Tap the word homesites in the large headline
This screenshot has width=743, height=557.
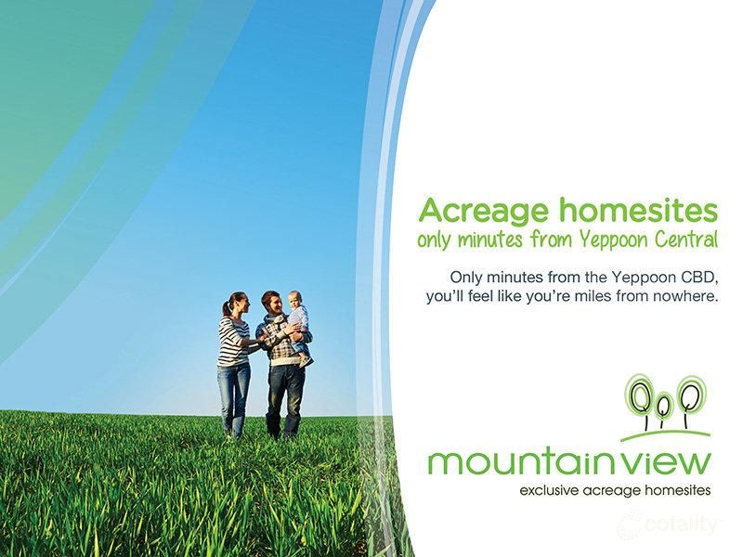[x=638, y=209]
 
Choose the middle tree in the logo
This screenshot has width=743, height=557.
[x=663, y=403]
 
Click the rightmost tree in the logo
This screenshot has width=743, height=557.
[x=689, y=395]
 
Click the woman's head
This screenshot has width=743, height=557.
[x=235, y=304]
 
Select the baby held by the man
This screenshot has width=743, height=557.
[x=297, y=320]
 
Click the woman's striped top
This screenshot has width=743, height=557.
[x=232, y=341]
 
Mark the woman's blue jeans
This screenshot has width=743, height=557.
[x=233, y=395]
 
